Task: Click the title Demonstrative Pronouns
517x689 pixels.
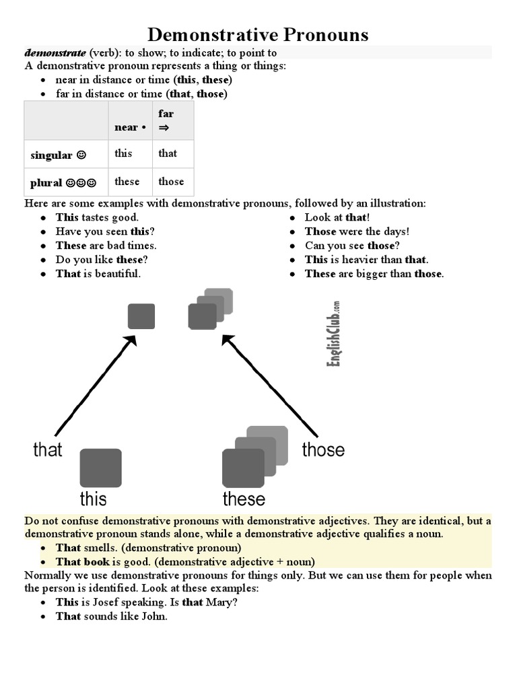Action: point(258,34)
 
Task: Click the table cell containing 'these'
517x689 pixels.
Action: point(127,182)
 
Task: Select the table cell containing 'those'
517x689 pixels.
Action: point(171,182)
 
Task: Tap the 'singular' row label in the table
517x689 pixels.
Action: point(58,155)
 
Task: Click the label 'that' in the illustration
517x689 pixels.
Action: point(47,449)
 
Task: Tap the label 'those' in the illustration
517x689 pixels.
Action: point(323,449)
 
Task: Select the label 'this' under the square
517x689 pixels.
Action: point(93,499)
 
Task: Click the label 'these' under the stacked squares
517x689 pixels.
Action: point(244,499)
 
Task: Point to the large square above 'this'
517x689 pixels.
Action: point(101,468)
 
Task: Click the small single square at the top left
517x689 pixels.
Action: point(141,316)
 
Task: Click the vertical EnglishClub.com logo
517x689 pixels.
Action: point(333,334)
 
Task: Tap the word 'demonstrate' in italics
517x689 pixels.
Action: point(55,52)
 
